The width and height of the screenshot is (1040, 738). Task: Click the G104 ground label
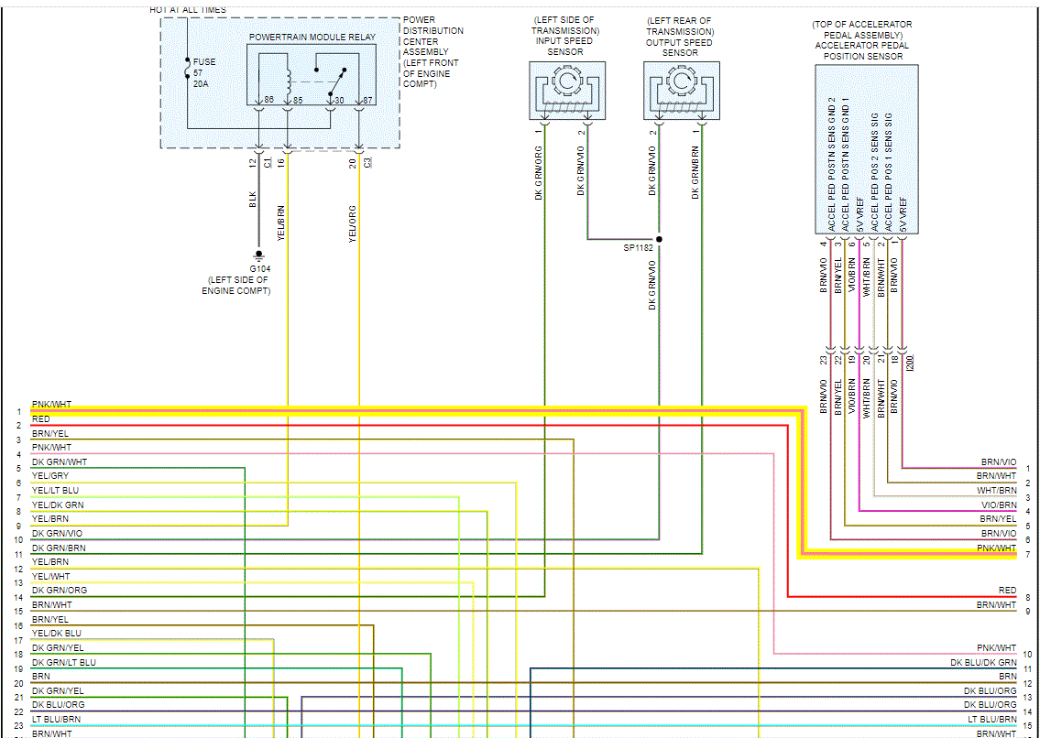pyautogui.click(x=258, y=268)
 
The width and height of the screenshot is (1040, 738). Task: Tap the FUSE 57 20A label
pyautogui.click(x=204, y=71)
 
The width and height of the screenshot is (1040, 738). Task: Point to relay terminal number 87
pyautogui.click(x=368, y=100)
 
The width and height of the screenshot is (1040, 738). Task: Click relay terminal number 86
pyautogui.click(x=268, y=100)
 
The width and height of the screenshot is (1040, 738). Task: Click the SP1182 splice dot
pyautogui.click(x=659, y=239)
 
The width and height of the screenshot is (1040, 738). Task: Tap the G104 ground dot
pyautogui.click(x=259, y=254)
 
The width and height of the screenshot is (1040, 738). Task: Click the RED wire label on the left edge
pyautogui.click(x=41, y=419)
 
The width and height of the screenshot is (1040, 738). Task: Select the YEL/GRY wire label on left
pyautogui.click(x=50, y=476)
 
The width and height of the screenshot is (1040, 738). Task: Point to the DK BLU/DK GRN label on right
pyautogui.click(x=983, y=662)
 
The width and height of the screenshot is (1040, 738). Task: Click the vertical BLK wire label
pyautogui.click(x=253, y=200)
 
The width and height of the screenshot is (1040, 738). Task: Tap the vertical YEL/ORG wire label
pyautogui.click(x=352, y=223)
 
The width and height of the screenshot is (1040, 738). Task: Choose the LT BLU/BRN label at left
pyautogui.click(x=56, y=719)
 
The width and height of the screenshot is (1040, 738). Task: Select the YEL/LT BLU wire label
pyautogui.click(x=55, y=491)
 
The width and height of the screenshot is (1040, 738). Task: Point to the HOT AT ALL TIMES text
pyautogui.click(x=188, y=9)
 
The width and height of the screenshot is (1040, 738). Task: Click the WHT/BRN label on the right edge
pyautogui.click(x=996, y=491)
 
